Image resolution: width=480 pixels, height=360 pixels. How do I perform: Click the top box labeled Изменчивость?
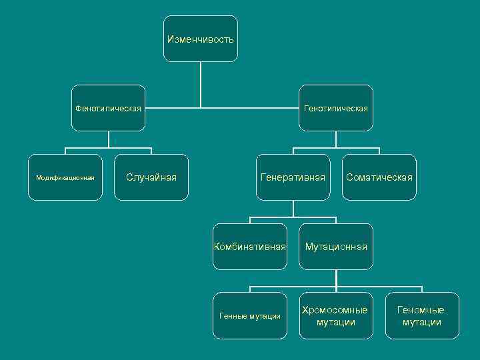pos(200,39)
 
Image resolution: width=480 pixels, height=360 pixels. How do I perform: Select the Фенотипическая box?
pos(109,108)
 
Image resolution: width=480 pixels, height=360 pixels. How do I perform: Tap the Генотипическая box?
pos(336,108)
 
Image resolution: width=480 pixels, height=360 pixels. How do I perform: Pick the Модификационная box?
pos(65,177)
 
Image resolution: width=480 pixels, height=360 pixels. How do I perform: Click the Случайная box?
pos(151,177)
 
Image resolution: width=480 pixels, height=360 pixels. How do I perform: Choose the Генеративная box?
pos(293,177)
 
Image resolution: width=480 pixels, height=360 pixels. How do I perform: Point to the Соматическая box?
pos(379,177)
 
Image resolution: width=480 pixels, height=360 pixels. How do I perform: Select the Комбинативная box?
pos(250,247)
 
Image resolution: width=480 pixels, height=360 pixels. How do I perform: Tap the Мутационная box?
pos(336,247)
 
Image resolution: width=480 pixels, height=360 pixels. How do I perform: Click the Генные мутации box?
pos(250,316)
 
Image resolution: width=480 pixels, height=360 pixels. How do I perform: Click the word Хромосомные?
pos(335,310)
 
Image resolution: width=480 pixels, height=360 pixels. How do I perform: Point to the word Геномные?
pos(421,310)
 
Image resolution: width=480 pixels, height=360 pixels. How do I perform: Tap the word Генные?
pos(233,316)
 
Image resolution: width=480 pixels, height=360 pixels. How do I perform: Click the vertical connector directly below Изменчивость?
pos(201,83)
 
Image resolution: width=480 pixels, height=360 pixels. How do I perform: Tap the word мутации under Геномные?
pos(421,323)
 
